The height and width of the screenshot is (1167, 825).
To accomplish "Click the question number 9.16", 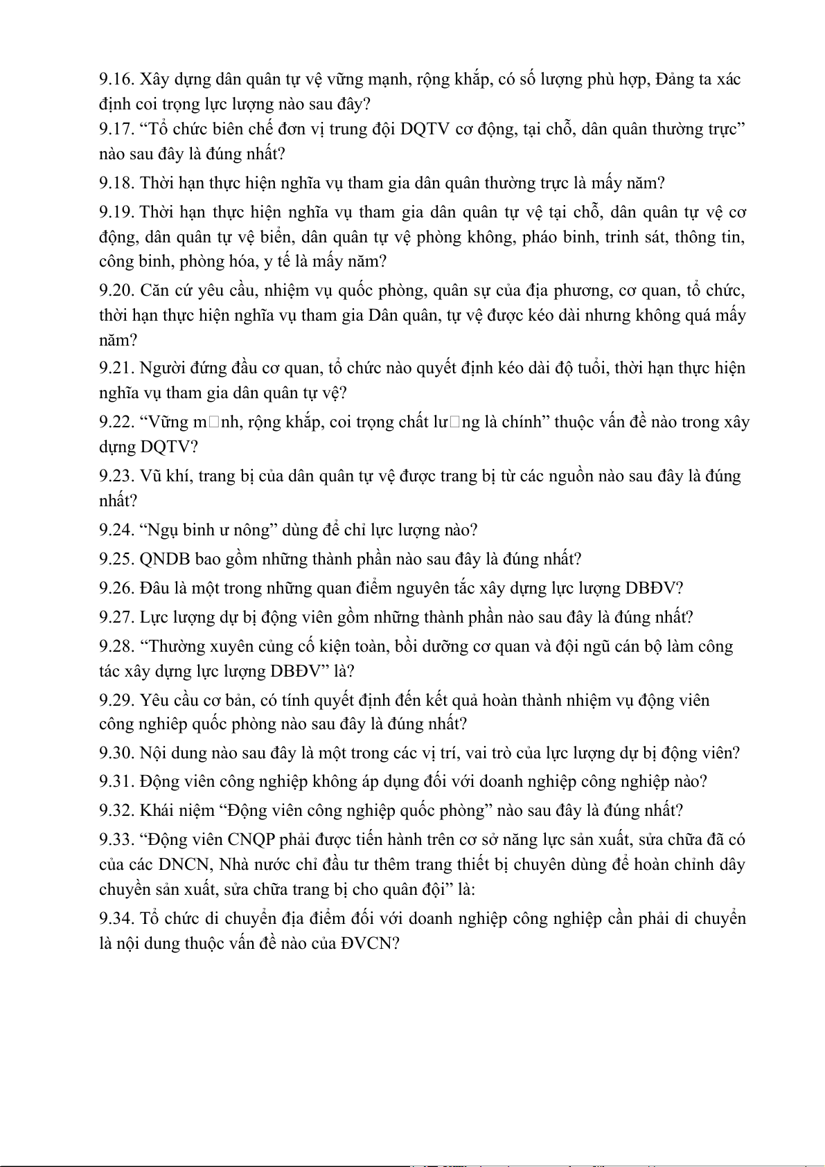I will point(116,80).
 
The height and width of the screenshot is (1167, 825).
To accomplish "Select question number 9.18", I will point(116,184).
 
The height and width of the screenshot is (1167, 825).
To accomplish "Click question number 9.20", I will point(116,291).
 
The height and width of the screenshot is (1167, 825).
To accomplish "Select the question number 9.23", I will point(116,476).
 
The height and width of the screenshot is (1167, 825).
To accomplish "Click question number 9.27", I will point(116,617).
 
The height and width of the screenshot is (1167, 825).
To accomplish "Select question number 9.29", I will point(116,700).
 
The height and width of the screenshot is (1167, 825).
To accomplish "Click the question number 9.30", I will point(116,753).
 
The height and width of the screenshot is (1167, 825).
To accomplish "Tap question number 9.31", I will point(116,782).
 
